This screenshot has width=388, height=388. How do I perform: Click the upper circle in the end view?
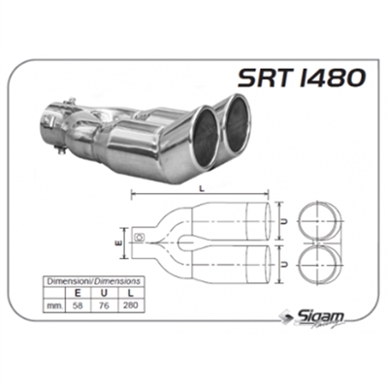[320, 221]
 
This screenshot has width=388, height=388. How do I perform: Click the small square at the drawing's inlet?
[142, 238]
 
